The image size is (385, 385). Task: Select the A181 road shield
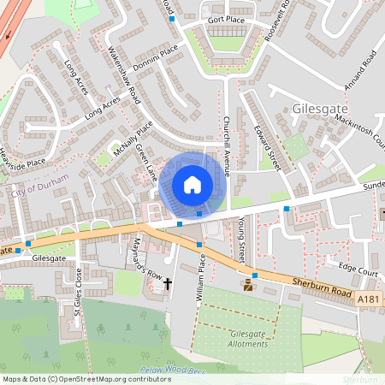[x=367, y=299]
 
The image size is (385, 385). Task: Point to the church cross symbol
[x=168, y=283]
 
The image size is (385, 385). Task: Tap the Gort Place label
[x=227, y=19]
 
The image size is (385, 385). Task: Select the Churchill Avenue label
[x=227, y=146]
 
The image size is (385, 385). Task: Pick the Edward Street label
[x=268, y=147]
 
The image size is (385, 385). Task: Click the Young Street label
[x=241, y=240]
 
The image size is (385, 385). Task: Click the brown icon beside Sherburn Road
[x=248, y=286]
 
